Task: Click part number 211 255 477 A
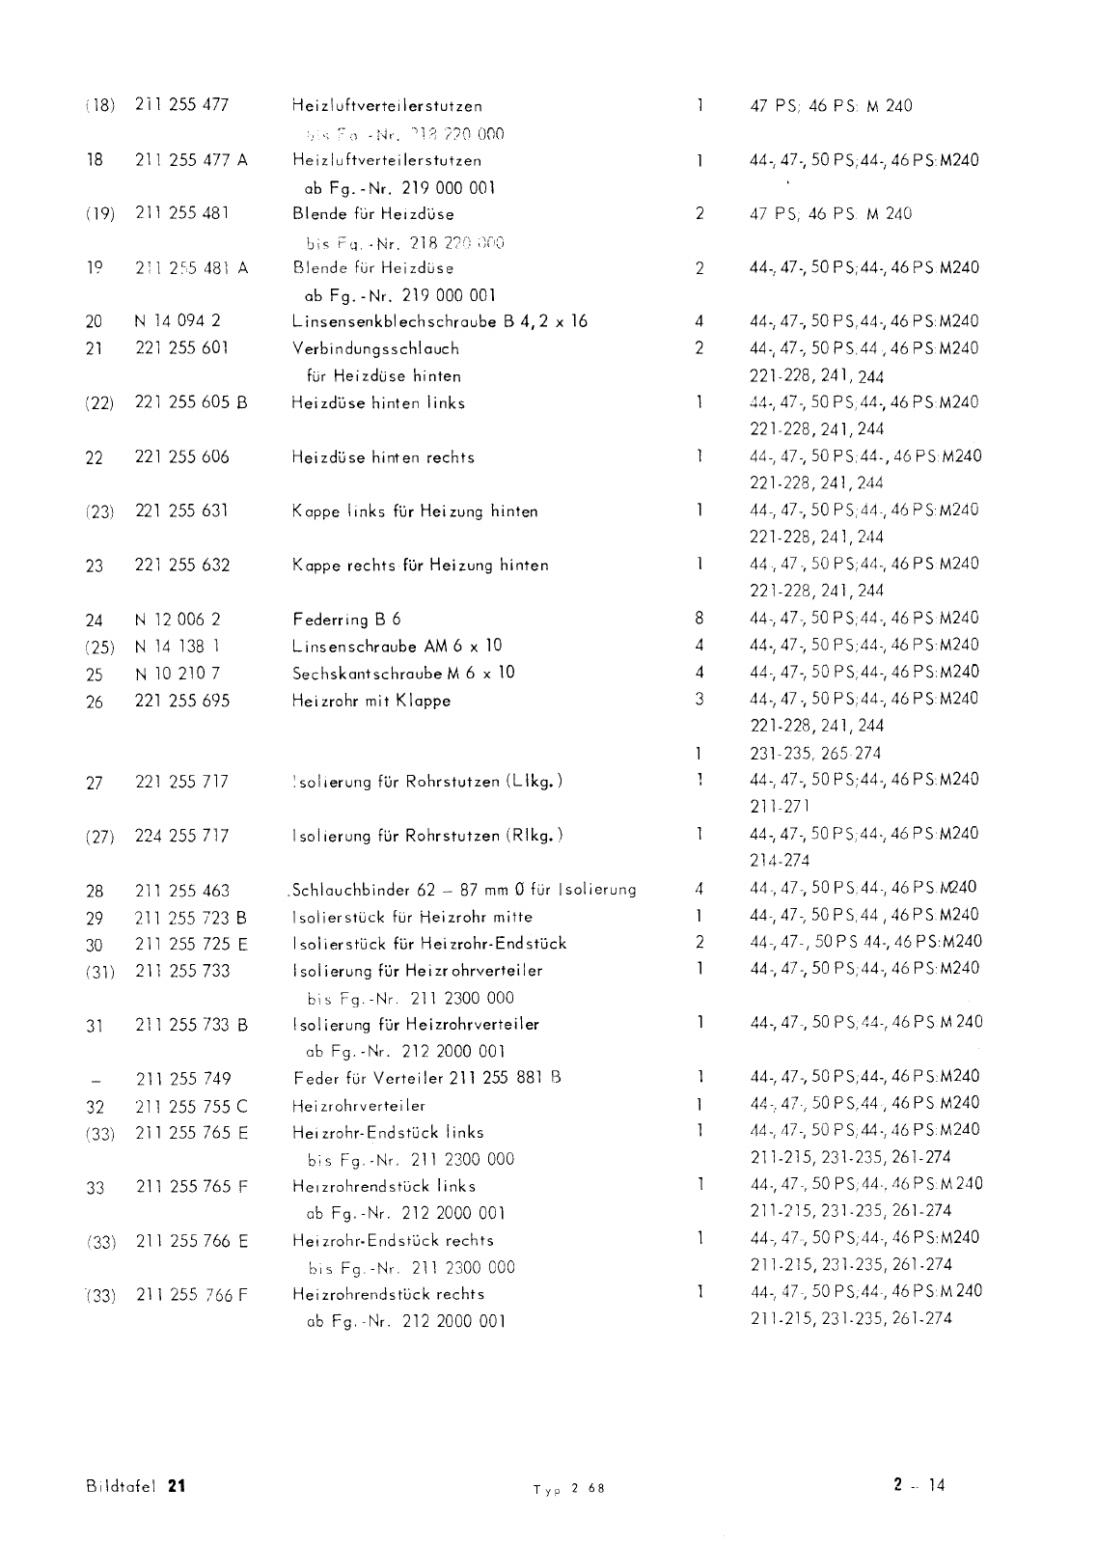click(x=191, y=160)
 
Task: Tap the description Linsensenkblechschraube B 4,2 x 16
click(x=440, y=321)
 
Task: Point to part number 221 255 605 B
click(x=191, y=402)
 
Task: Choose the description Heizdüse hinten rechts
click(x=383, y=457)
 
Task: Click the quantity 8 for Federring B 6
click(x=699, y=619)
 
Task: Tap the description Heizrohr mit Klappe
click(x=371, y=701)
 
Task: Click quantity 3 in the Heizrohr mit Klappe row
click(x=699, y=699)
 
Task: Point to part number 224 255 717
click(x=182, y=836)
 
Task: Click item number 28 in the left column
click(x=94, y=891)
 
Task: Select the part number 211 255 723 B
click(x=191, y=917)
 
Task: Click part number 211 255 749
click(x=183, y=1079)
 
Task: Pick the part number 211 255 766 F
click(x=192, y=1295)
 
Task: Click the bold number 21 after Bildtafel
click(x=176, y=1486)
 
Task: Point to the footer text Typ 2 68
click(x=568, y=1489)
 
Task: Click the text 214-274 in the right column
click(x=780, y=860)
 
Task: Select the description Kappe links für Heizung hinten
click(x=415, y=511)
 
